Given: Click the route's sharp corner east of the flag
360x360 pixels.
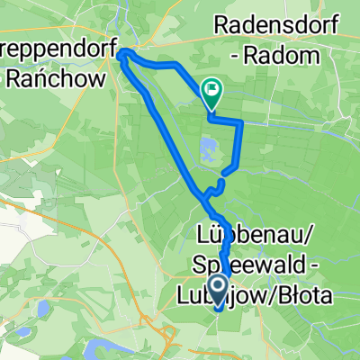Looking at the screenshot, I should click(x=241, y=120).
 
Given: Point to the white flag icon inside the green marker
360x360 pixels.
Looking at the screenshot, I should click(x=213, y=87).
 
